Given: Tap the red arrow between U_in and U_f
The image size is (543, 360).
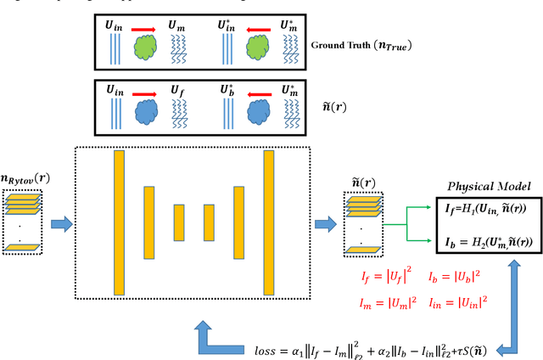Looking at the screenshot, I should click(142, 87).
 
